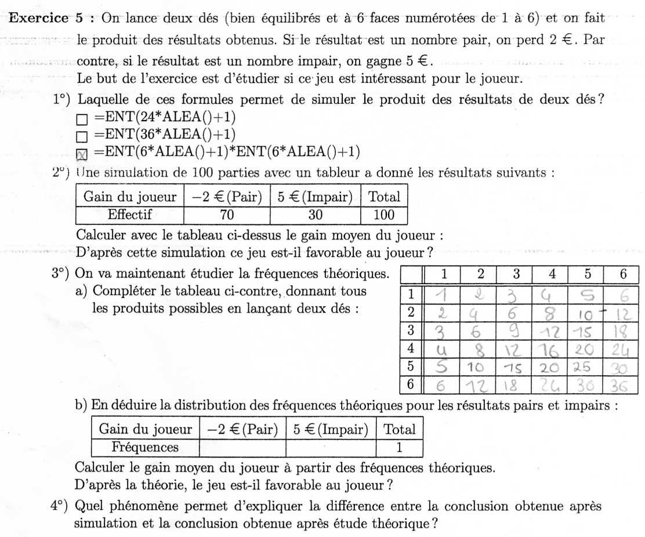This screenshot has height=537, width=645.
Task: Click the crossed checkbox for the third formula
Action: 82,154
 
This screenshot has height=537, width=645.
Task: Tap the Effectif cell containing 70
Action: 227,215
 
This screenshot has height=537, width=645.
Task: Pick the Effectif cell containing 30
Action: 315,215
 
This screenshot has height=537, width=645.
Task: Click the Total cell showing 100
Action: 384,215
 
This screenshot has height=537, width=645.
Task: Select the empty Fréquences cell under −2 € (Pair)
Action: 242,448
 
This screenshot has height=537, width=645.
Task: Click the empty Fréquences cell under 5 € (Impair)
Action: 331,448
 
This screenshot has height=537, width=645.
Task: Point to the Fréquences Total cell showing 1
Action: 399,448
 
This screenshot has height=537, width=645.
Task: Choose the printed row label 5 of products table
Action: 411,367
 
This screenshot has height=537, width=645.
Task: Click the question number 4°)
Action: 60,506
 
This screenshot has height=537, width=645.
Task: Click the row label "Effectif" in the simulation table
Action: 129,215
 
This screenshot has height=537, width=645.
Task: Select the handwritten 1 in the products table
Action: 443,295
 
